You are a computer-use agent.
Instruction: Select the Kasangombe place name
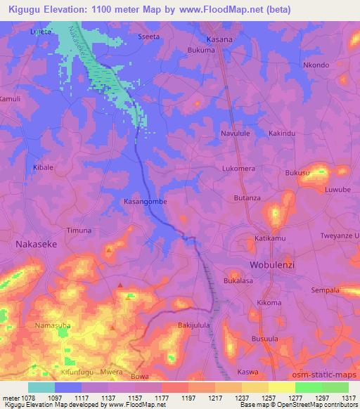click(x=145, y=201)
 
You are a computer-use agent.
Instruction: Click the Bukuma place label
click(x=202, y=51)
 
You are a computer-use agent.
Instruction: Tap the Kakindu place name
click(x=281, y=133)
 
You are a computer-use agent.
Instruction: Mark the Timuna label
click(x=79, y=231)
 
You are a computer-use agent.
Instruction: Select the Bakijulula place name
click(x=195, y=326)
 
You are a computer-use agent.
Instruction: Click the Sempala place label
click(x=326, y=290)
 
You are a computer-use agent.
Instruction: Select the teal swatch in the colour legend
click(x=41, y=387)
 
